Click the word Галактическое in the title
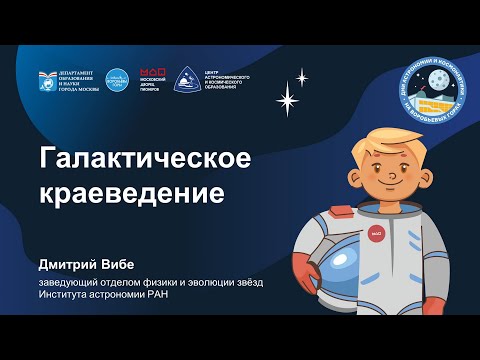tap(144, 158)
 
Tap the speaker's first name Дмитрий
tap(71, 264)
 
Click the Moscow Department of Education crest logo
tap(48, 79)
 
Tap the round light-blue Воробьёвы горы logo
tap(118, 79)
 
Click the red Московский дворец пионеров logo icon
tap(152, 73)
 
